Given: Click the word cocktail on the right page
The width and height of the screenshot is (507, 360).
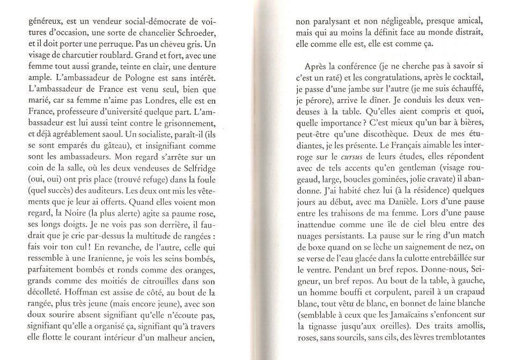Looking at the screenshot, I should point(466,79).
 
